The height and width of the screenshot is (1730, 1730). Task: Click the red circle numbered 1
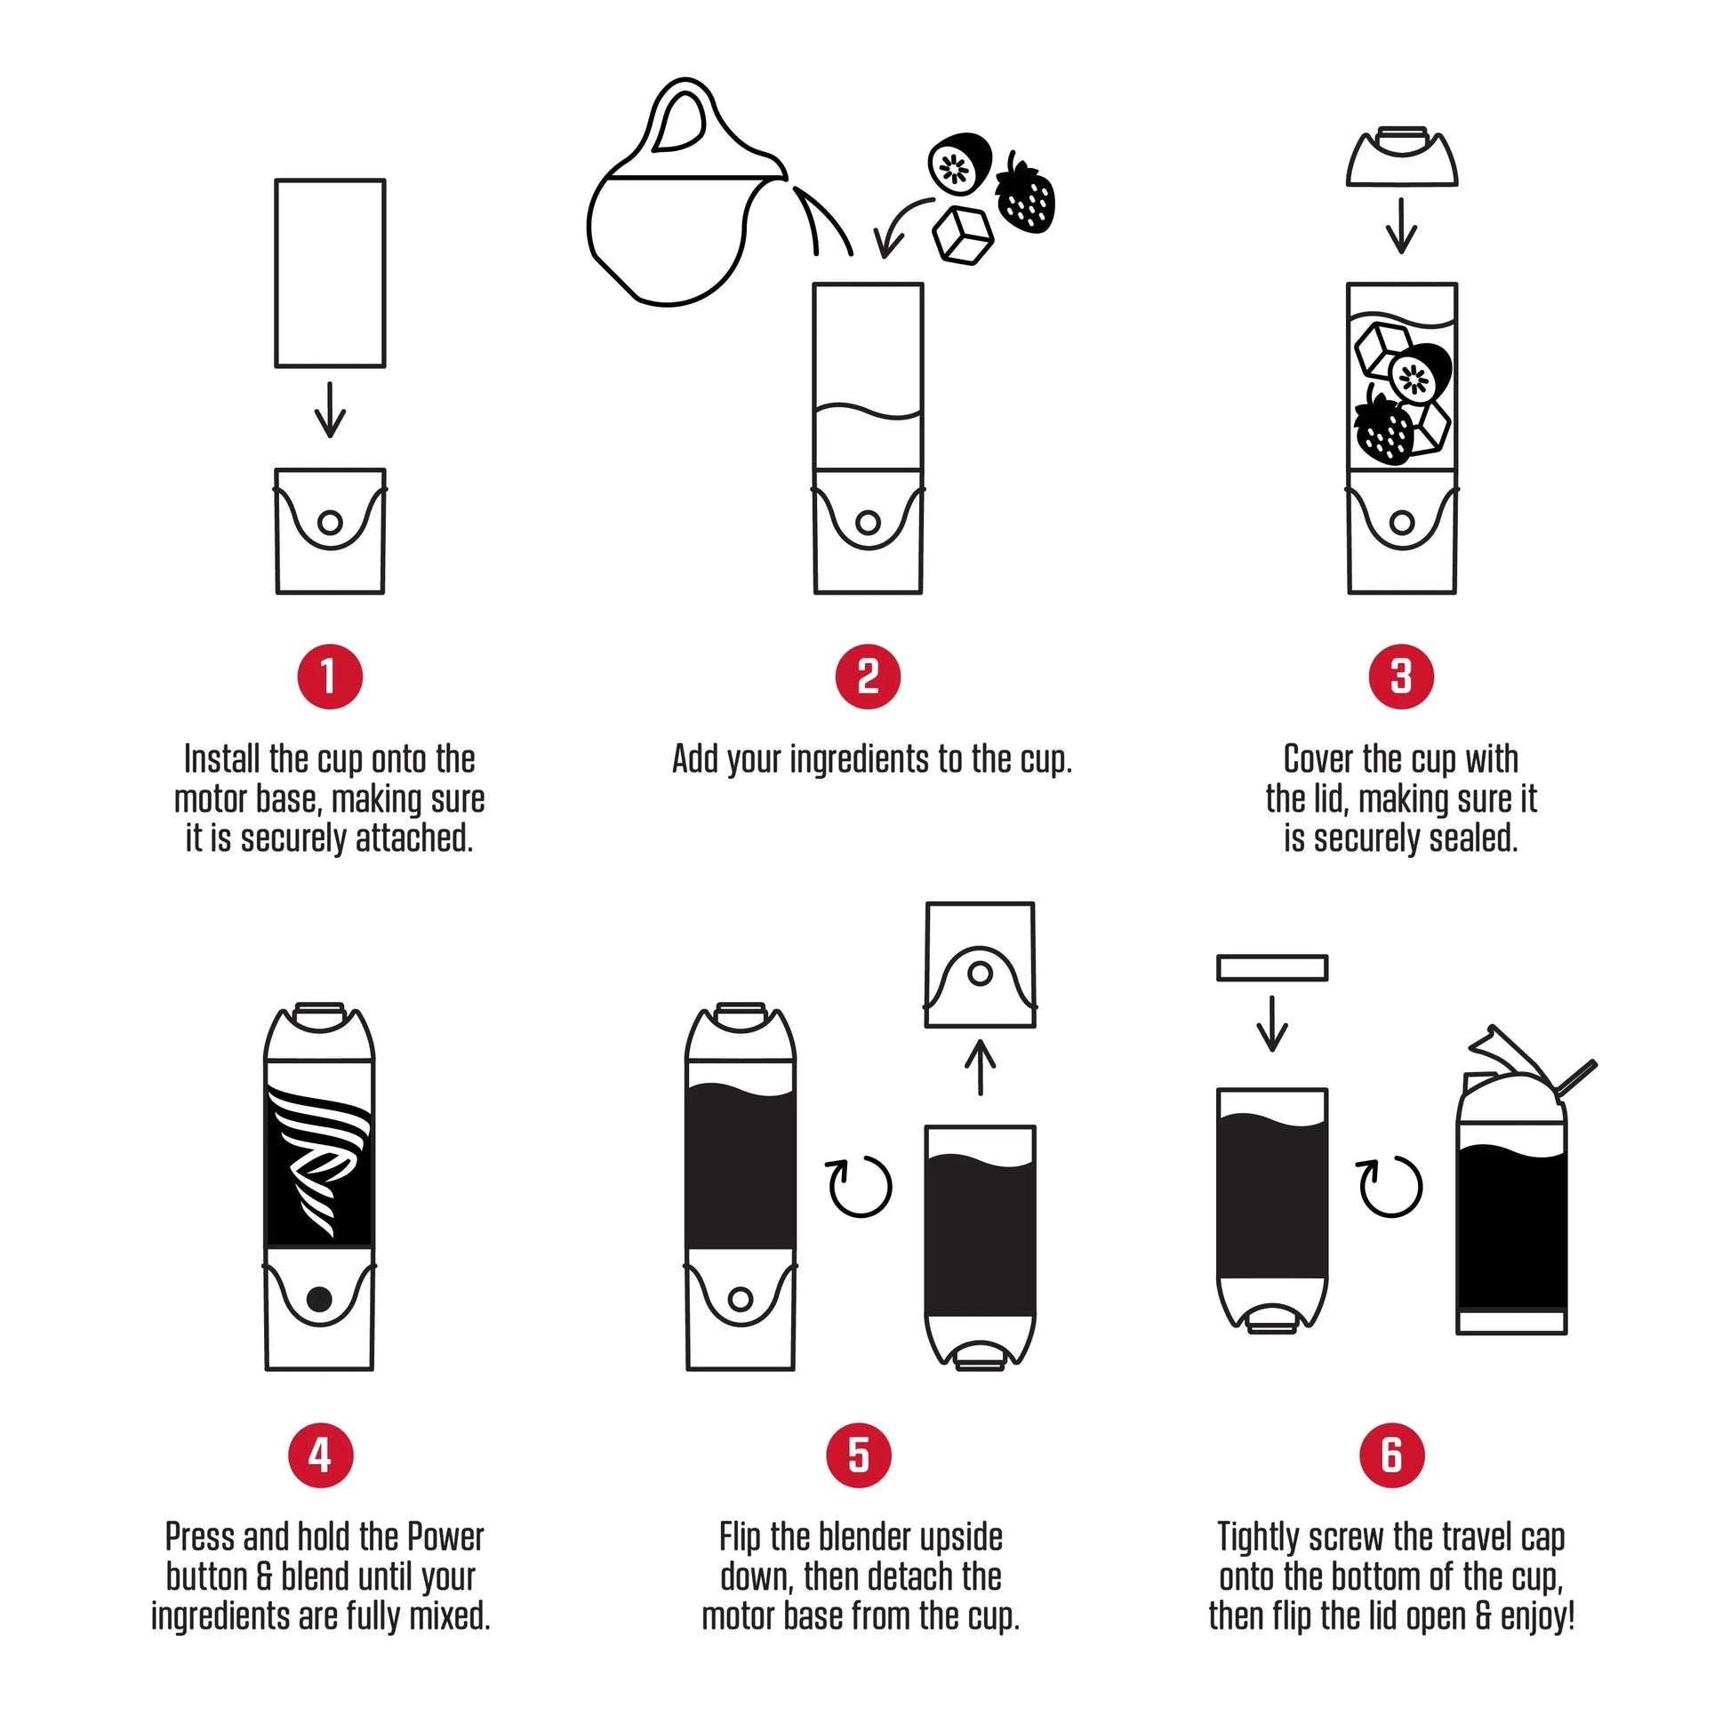pos(330,677)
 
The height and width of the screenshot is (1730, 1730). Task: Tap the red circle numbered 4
pos(321,1455)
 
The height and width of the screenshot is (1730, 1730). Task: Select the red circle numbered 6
pos(1391,1455)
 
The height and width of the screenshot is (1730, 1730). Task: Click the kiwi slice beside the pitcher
pos(958,163)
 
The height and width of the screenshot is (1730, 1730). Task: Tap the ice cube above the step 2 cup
pos(963,236)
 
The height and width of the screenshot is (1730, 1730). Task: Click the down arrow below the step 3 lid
pos(1401,226)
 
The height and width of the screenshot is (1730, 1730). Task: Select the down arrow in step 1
pos(330,410)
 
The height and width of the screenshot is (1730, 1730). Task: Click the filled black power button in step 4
pos(320,1299)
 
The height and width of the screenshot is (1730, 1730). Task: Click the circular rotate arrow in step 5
pos(860,1187)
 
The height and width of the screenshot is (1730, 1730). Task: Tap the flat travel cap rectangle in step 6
pos(1271,967)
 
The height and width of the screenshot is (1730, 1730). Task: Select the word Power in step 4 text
pos(445,1536)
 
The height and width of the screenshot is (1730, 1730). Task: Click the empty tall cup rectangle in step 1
pos(330,273)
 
